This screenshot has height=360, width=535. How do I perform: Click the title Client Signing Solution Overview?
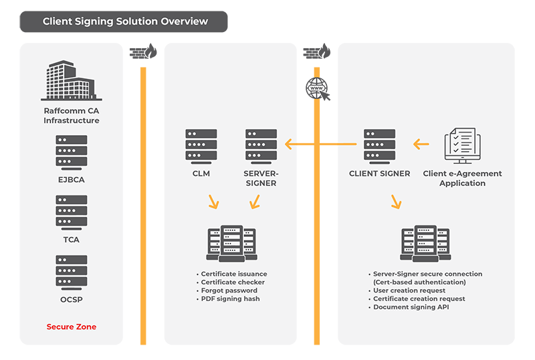coord(125,21)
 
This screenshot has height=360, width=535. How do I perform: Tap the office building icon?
coord(71,81)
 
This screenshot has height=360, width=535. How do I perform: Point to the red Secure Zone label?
coord(72,327)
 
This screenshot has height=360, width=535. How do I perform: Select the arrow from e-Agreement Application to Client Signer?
coord(421,144)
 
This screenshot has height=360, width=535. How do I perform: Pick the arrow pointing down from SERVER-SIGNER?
coord(253,201)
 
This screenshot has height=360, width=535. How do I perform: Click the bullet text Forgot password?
coord(229,290)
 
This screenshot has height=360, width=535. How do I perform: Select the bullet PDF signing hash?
coord(231,298)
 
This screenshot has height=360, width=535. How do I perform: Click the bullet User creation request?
coord(409,290)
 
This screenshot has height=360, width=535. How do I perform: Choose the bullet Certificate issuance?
coord(233,274)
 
